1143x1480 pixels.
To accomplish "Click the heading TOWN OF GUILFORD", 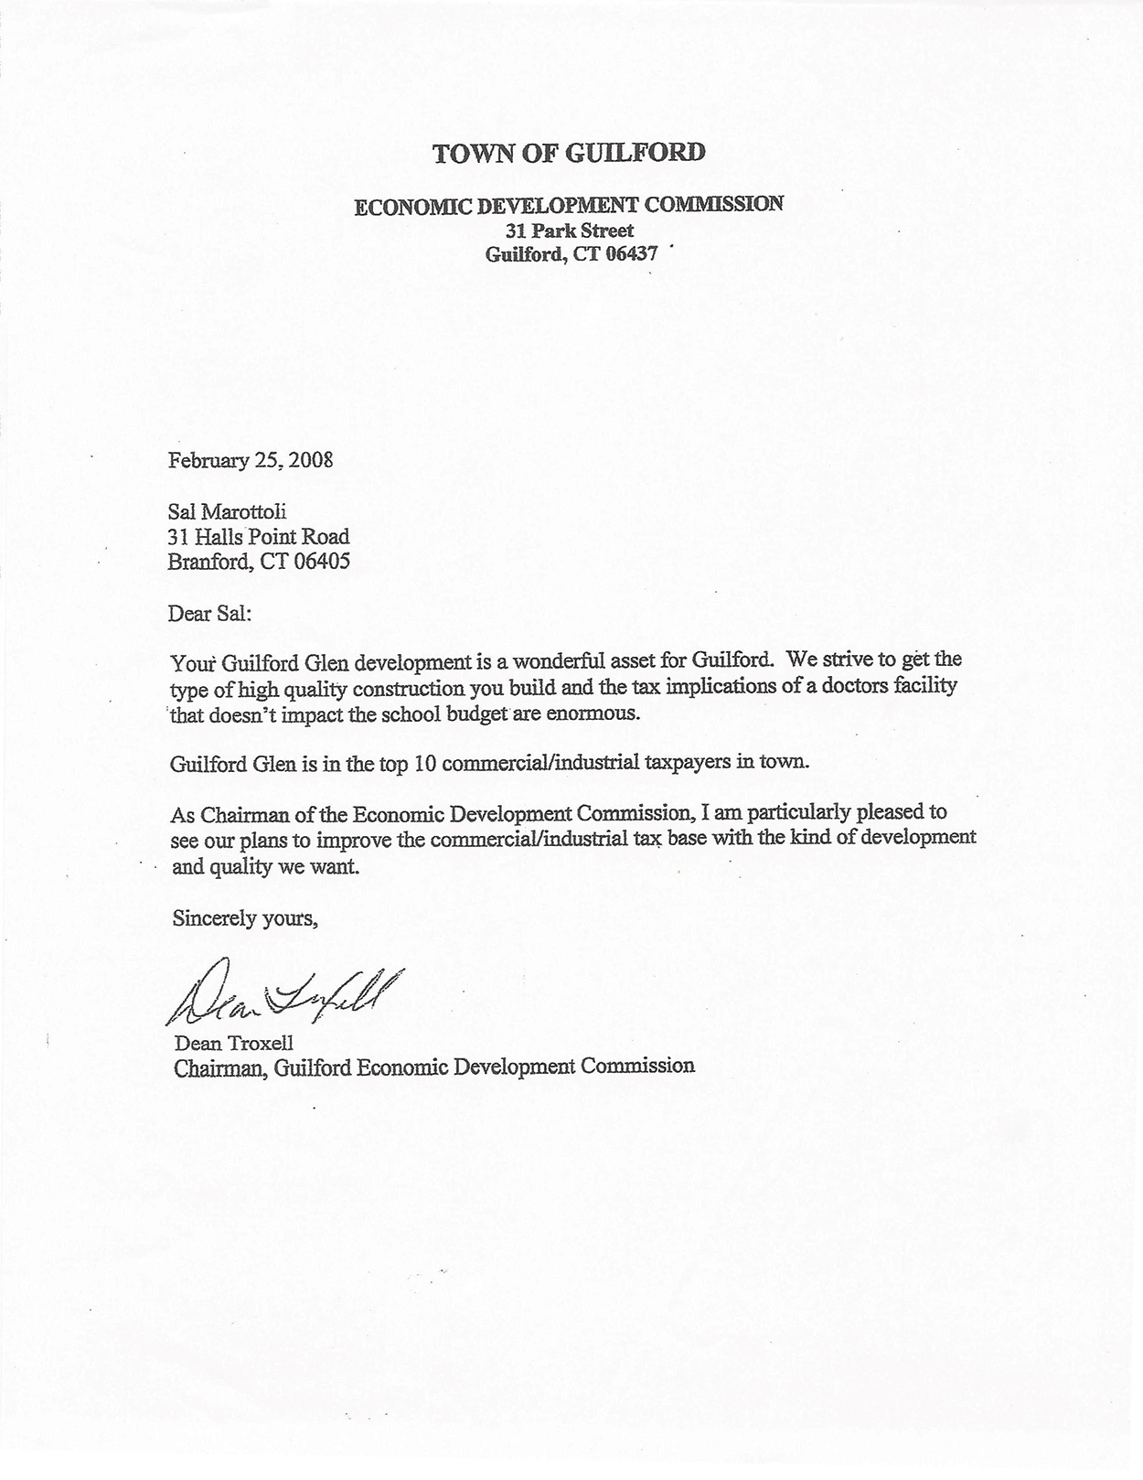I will [569, 153].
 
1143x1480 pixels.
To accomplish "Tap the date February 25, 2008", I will [251, 459].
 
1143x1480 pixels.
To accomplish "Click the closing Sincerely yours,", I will [245, 918].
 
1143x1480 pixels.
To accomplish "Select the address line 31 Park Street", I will [570, 231].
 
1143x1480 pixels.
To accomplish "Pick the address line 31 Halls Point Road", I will [259, 536].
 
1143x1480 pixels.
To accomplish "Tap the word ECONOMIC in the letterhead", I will [414, 206].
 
